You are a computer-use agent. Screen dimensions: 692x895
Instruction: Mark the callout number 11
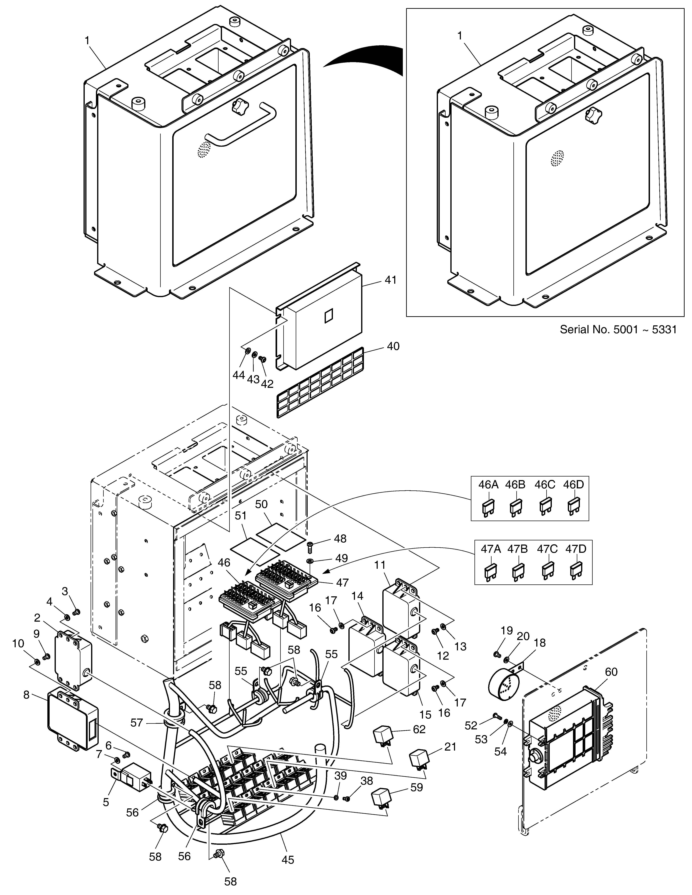coord(380,565)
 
